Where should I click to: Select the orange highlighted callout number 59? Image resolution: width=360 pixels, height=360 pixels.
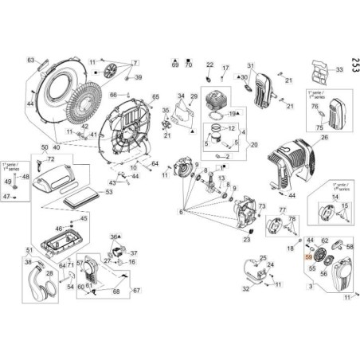[x=309, y=257]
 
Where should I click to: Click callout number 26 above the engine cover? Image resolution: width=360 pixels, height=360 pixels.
[x=324, y=137]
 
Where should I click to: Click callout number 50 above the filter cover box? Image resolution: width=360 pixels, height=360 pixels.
[x=44, y=147]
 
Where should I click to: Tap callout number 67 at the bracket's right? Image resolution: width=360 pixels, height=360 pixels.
[x=135, y=291]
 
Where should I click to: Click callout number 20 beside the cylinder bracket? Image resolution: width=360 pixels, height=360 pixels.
[x=254, y=144]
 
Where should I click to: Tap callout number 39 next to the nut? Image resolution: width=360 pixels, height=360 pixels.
[x=138, y=77]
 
